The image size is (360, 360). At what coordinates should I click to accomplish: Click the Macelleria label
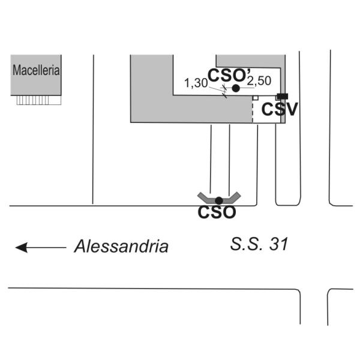(x=36, y=70)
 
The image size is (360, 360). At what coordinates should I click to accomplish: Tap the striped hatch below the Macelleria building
(x=32, y=100)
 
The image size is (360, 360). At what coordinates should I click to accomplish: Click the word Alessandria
(x=121, y=246)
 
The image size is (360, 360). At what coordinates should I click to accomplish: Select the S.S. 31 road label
(x=260, y=244)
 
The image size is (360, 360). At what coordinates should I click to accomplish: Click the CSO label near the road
(x=217, y=212)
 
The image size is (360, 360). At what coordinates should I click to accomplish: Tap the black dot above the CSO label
(x=219, y=200)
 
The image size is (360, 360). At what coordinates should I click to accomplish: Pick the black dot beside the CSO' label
(x=236, y=88)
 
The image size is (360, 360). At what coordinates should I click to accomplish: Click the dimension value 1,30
(x=195, y=82)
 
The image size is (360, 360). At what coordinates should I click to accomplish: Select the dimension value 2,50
(x=259, y=81)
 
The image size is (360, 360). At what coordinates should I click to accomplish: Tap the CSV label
(x=280, y=110)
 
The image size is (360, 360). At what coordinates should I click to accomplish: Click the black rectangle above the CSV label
(x=282, y=97)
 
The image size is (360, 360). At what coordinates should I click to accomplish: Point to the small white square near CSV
(x=255, y=97)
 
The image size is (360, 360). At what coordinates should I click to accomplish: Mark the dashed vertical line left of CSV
(x=253, y=111)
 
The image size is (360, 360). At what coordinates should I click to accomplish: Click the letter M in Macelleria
(x=16, y=70)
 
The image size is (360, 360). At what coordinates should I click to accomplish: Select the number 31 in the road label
(x=279, y=244)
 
